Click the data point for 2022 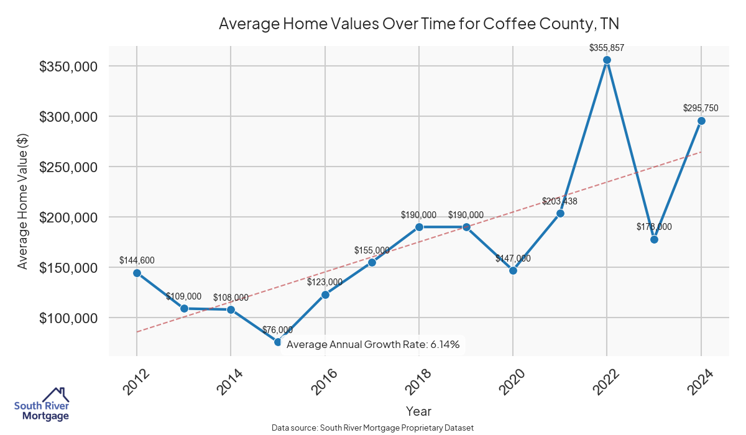607,60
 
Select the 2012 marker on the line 137,273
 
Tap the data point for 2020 513,270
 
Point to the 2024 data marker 701,121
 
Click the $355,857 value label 607,47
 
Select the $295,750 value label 701,108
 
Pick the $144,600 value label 137,260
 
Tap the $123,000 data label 325,282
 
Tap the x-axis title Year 418,411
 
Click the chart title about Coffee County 419,24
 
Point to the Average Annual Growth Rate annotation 373,344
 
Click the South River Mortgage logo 42,405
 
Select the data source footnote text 373,428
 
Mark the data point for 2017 372,262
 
